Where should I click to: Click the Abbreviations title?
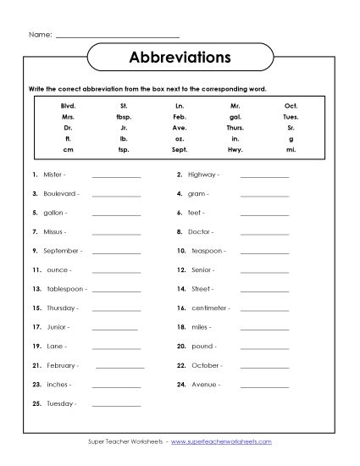[x=180, y=58]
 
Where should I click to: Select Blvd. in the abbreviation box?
[x=69, y=106]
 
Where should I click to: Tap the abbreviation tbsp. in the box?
[x=125, y=117]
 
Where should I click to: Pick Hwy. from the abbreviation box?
[x=236, y=149]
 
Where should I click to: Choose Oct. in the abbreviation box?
[x=291, y=106]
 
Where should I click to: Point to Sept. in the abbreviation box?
[x=180, y=149]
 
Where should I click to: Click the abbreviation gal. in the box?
[x=236, y=117]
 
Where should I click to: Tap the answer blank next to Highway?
[x=264, y=175]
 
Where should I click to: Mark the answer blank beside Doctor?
[x=264, y=231]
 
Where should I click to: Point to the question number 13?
[x=36, y=289]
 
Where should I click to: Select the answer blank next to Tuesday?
[x=116, y=403]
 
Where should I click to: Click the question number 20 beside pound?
[x=180, y=346]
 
